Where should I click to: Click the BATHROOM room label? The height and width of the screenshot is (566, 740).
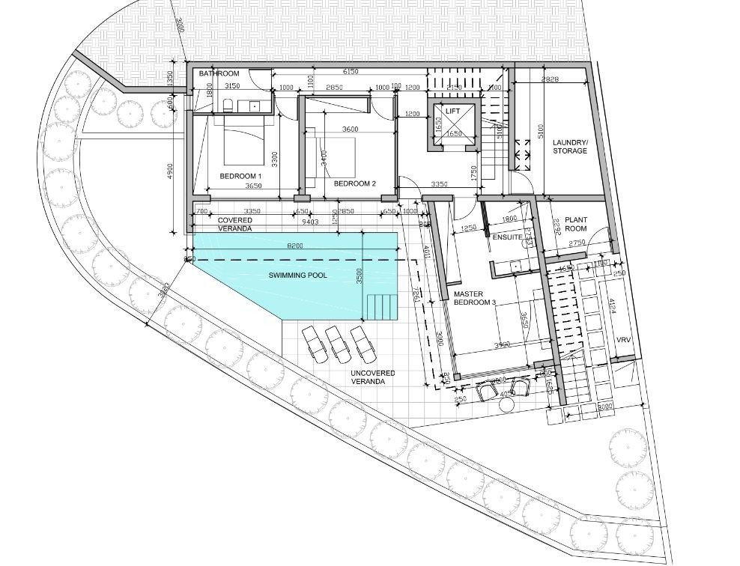click(219, 73)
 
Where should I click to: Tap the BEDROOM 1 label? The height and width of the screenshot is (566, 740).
click(240, 177)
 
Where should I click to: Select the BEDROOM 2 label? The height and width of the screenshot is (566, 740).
click(354, 183)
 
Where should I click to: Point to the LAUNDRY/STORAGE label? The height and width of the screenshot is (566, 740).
click(570, 147)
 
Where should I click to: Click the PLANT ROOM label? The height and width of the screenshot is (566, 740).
click(576, 225)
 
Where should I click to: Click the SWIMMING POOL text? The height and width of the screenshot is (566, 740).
click(298, 276)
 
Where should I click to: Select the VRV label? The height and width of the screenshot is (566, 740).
click(624, 340)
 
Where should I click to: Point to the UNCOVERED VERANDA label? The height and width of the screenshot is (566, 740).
click(373, 377)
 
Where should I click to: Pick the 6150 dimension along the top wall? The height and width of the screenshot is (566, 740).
click(351, 72)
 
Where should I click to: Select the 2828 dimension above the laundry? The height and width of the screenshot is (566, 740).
click(549, 79)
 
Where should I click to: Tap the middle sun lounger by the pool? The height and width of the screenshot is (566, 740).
click(339, 341)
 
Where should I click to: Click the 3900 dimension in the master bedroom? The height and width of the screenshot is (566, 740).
click(502, 345)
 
